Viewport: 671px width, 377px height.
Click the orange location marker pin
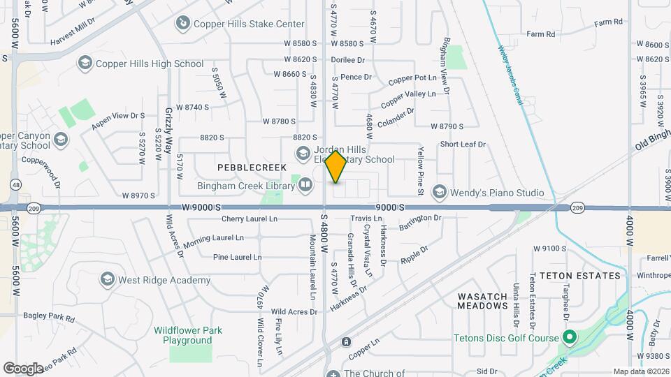pos(336,166)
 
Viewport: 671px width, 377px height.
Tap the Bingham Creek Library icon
pos(305,185)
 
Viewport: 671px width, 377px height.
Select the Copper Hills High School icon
pos(85,64)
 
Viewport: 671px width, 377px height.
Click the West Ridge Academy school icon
pos(107,280)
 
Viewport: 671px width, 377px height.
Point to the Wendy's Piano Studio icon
pos(439,192)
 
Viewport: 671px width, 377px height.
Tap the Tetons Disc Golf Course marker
pos(569,339)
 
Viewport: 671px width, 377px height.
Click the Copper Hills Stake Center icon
pos(182,24)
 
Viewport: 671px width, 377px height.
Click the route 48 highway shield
pos(15,185)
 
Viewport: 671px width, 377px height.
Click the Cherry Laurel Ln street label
pos(250,219)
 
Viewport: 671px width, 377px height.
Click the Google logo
pos(23,368)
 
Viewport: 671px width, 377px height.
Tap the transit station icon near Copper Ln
pos(345,342)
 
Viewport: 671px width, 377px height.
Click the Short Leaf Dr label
pos(462,145)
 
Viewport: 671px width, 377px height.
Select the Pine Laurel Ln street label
pos(238,257)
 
